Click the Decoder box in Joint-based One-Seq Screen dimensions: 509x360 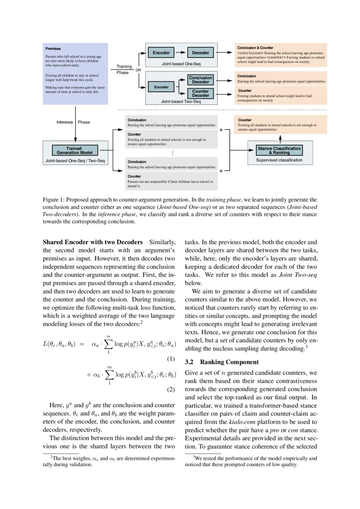point(201,53)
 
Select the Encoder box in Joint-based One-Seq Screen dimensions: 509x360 point(161,53)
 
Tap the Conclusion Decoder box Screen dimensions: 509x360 point(200,80)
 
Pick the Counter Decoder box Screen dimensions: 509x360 point(200,93)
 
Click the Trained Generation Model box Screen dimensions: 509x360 point(74,151)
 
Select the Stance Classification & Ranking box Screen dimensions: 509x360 point(279,151)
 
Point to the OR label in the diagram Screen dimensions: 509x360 point(138,70)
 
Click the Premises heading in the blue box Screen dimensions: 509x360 point(53,49)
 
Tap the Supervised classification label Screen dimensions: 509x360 point(279,160)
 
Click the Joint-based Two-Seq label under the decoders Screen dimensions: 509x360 point(181,101)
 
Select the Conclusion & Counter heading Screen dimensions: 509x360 point(255,47)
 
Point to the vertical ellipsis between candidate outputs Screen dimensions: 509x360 point(172,153)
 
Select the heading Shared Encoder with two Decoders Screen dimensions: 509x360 point(93,242)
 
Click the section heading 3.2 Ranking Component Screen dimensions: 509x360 point(222,362)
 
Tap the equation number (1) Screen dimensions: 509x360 point(171,359)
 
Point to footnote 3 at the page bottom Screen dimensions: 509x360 point(252,461)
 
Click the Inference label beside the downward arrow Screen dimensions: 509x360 point(64,122)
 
